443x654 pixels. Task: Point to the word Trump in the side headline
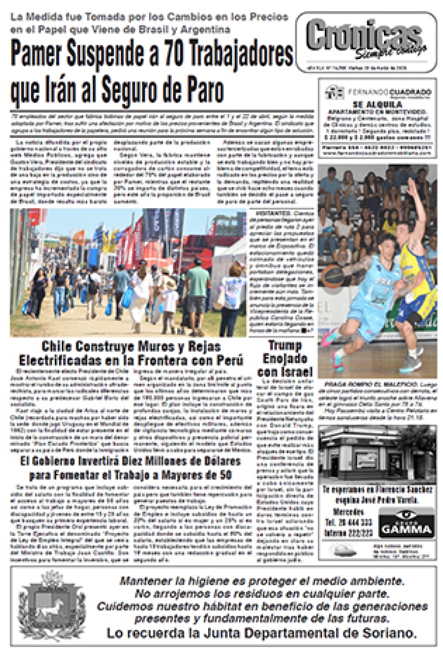[x=285, y=345]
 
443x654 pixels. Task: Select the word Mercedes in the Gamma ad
[x=348, y=512]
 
